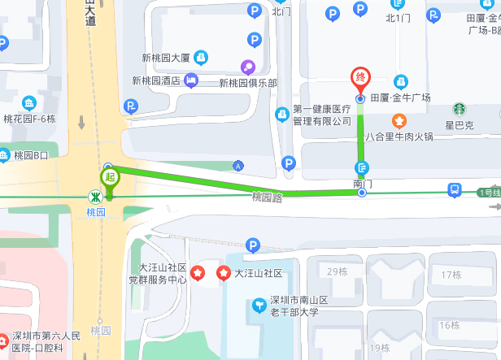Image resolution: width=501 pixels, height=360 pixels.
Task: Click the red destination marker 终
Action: tap(359, 79)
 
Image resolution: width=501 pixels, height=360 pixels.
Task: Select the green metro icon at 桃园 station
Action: tap(96, 196)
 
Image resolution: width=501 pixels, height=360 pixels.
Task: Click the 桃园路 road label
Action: tap(267, 197)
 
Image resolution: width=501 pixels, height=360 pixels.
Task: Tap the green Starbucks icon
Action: tap(460, 108)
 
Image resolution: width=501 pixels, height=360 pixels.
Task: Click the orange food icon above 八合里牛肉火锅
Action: tap(399, 122)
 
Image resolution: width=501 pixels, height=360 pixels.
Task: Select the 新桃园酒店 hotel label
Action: tap(156, 80)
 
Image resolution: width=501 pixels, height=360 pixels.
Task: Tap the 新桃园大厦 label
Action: tap(165, 58)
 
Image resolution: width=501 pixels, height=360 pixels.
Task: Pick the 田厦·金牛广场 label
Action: tap(400, 98)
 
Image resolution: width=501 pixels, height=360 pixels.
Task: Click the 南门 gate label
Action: tap(363, 184)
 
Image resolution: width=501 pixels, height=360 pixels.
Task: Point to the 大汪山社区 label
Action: tap(258, 273)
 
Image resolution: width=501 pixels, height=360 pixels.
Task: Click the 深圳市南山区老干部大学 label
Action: tap(299, 306)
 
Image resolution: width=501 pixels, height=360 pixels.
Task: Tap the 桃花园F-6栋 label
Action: tap(29, 118)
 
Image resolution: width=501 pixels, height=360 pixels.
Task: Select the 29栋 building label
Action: tap(337, 271)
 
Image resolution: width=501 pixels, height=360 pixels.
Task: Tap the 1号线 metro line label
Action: tap(489, 193)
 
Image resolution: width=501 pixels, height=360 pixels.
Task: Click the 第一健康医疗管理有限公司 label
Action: tap(320, 115)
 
